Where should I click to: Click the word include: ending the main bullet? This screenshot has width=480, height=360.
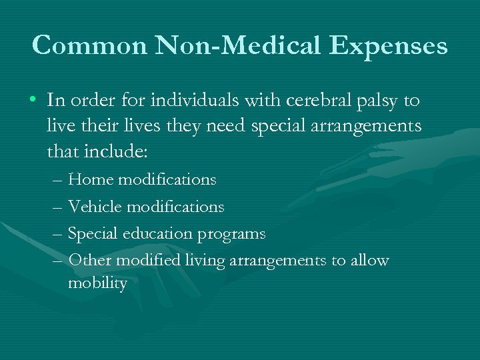[x=115, y=151]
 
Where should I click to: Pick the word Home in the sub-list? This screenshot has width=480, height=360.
[x=90, y=179]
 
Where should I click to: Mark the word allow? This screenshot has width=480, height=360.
[x=369, y=260]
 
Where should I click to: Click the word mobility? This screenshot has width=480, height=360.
[x=97, y=284]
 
